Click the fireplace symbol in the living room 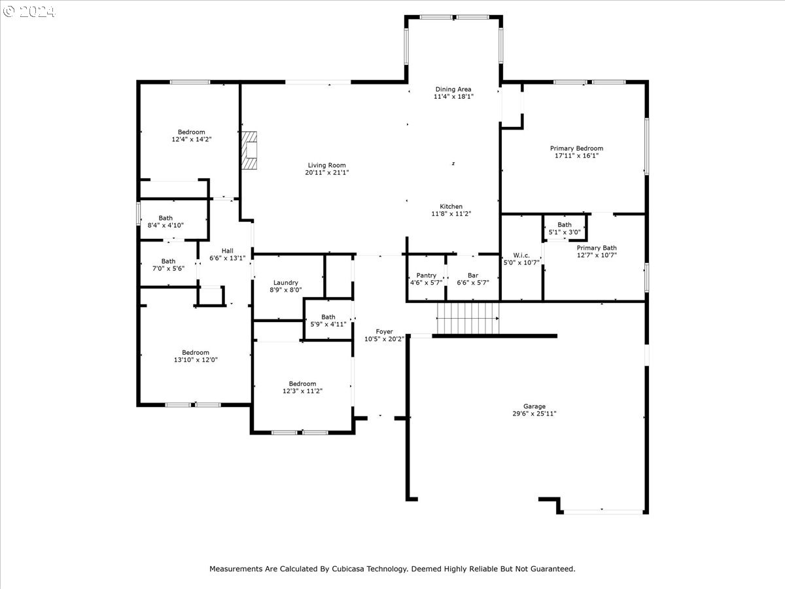coord(249,151)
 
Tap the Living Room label coord(327,169)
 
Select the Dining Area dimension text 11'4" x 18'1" coord(453,97)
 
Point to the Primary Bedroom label coord(576,152)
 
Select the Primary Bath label coord(597,251)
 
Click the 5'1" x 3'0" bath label coord(565,228)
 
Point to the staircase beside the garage coord(468,318)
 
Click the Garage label coord(534,410)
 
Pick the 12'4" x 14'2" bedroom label coord(192,135)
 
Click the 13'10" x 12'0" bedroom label coord(196,356)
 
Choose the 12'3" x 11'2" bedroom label coord(303,387)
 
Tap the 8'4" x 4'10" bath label coord(166,221)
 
